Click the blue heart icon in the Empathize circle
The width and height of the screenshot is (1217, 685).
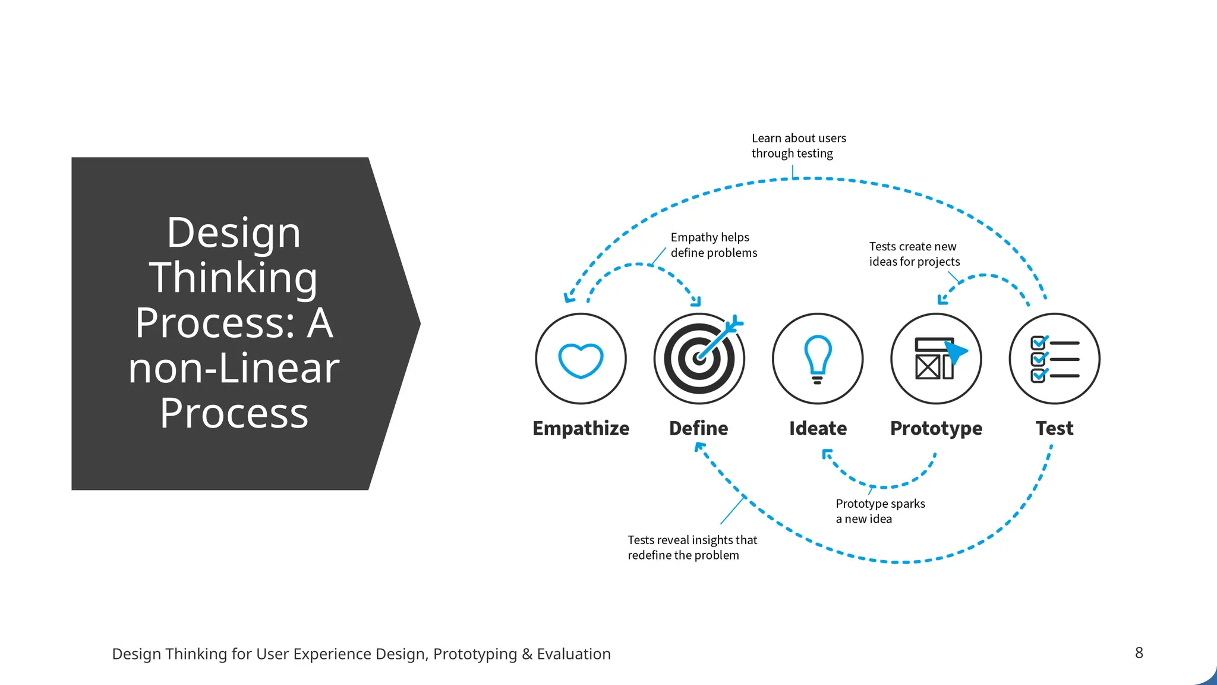click(581, 360)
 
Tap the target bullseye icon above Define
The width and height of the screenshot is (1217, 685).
click(699, 359)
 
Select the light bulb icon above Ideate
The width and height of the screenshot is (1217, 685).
click(818, 359)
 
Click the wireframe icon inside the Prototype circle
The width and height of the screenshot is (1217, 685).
click(936, 359)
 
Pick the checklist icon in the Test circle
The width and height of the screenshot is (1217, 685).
click(1054, 359)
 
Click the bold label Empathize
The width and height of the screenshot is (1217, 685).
click(581, 428)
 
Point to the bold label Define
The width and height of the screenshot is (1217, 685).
click(698, 428)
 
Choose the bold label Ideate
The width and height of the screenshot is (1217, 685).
click(818, 428)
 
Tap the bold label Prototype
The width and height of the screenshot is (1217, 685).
click(936, 428)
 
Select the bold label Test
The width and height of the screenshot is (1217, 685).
click(1054, 428)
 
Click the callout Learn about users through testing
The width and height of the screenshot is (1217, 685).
click(798, 146)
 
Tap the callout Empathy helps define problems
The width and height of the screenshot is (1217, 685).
click(714, 245)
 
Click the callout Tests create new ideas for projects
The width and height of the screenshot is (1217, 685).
click(914, 254)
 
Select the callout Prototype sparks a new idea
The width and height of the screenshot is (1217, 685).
click(880, 511)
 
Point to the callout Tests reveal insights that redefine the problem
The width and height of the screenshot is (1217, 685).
click(692, 548)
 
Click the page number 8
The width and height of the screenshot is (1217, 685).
click(1139, 653)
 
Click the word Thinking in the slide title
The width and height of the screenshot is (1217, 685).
click(234, 278)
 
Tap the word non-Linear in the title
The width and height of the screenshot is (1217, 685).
click(234, 368)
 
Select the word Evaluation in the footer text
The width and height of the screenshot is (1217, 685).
click(573, 654)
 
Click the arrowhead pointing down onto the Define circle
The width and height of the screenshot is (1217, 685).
click(696, 301)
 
